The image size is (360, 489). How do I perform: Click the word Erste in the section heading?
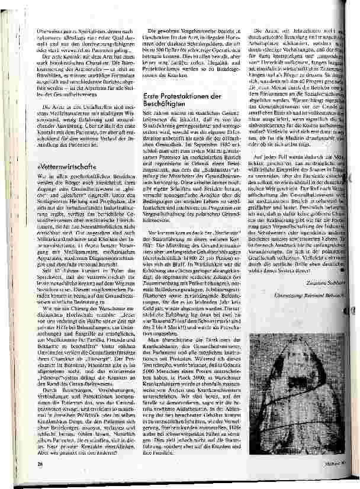point(156,95)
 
